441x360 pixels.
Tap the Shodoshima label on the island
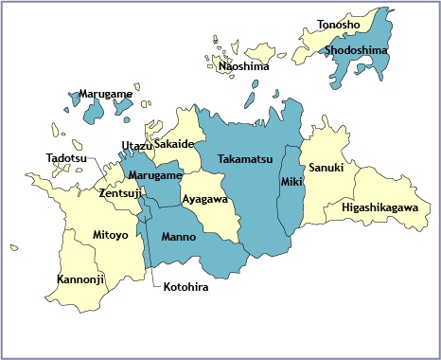355,50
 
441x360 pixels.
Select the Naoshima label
243,66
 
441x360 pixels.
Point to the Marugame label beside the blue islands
106,96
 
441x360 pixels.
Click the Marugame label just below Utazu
155,176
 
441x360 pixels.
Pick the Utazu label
137,145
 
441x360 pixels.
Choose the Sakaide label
175,144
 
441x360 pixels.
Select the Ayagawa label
205,200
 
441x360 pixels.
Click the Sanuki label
326,168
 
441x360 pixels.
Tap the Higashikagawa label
380,207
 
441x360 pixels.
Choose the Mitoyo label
111,234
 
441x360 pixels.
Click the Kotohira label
185,287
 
